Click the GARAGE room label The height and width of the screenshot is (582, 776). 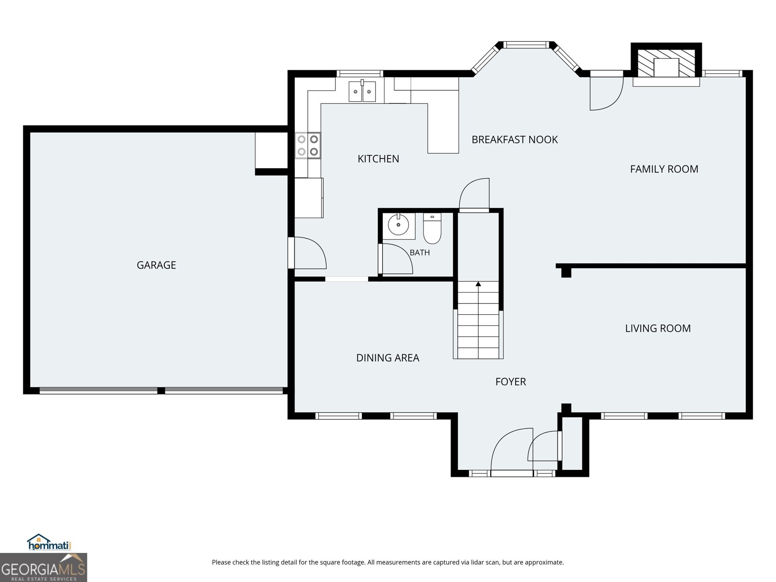tap(156, 265)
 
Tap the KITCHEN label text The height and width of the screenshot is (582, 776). tap(378, 159)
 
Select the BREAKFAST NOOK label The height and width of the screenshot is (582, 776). tap(515, 140)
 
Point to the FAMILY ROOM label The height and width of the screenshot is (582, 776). tap(664, 169)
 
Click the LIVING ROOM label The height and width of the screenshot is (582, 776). tap(658, 328)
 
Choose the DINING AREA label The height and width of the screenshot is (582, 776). tap(388, 358)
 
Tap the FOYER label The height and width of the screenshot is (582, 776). tap(511, 382)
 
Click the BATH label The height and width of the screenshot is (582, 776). tap(420, 253)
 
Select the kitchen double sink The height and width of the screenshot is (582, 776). tap(362, 91)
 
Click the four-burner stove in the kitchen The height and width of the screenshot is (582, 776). tap(308, 145)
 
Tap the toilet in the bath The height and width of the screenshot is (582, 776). tap(432, 228)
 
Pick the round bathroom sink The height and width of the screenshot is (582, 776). tap(399, 224)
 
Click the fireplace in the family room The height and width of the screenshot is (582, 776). tap(666, 64)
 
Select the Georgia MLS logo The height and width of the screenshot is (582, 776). tap(44, 567)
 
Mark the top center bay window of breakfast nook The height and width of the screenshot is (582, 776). tap(526, 45)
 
